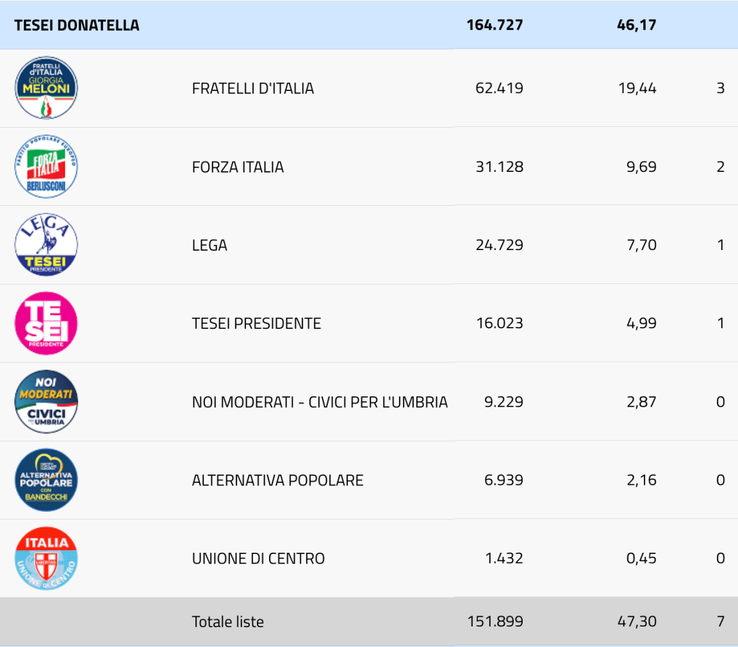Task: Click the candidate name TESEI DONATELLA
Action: point(76,26)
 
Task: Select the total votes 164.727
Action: point(495,26)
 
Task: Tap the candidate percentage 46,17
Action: point(637,26)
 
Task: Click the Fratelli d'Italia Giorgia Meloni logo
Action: point(46,88)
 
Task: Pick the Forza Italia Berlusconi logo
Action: point(46,167)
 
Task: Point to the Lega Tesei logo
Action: point(46,245)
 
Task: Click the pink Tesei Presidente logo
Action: point(46,323)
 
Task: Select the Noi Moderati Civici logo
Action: point(46,402)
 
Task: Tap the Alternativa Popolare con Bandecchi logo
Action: point(46,480)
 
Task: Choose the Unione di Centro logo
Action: point(46,559)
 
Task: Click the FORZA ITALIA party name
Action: point(238,167)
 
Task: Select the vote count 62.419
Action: point(499,88)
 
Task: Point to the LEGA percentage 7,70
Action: point(642,245)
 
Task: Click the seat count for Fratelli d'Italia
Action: point(720,88)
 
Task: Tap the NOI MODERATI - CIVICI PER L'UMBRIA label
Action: point(320,402)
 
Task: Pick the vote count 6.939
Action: point(504,480)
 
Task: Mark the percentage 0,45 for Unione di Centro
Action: point(641,559)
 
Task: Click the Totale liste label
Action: point(227,621)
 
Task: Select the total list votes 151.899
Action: point(495,621)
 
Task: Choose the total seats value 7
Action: point(720,621)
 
